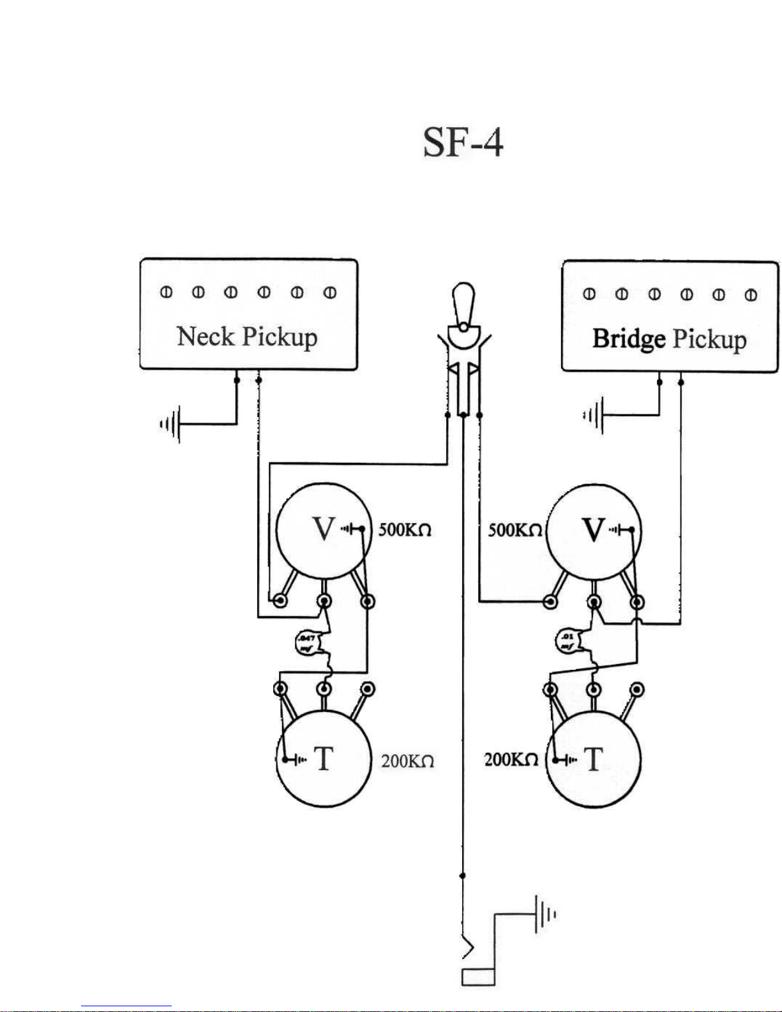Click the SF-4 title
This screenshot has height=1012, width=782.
click(x=463, y=142)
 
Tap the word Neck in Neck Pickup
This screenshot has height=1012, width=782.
click(x=206, y=336)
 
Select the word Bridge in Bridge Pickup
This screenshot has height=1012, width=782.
click(x=629, y=338)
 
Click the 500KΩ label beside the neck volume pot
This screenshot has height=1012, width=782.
click(x=405, y=530)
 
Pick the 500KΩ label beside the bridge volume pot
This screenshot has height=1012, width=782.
click(x=515, y=530)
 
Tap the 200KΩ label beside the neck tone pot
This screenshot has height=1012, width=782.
click(x=407, y=761)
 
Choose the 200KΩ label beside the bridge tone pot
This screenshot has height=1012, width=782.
click(x=511, y=760)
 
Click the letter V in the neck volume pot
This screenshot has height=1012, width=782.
click(x=324, y=529)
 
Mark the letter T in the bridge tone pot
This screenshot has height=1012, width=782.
click(x=593, y=760)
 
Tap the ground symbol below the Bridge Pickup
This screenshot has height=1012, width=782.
click(x=594, y=416)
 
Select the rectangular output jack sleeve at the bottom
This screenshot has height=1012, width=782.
click(x=477, y=977)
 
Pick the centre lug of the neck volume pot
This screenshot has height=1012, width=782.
click(x=324, y=601)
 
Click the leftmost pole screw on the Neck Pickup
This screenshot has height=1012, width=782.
click(x=166, y=292)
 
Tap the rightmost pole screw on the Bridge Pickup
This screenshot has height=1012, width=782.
click(x=751, y=294)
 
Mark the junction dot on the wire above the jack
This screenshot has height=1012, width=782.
click(x=463, y=876)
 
